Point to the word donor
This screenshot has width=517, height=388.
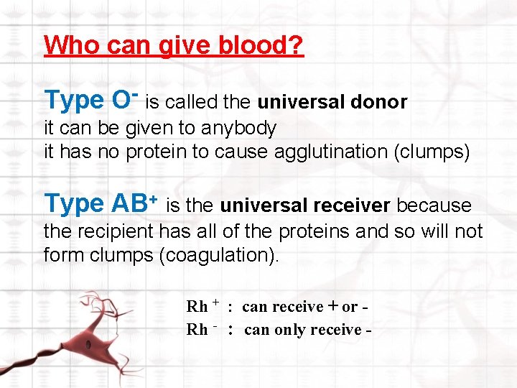click(x=379, y=103)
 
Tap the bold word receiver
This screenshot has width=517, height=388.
click(x=353, y=206)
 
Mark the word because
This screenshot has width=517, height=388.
click(x=434, y=206)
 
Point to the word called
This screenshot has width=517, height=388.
click(x=190, y=103)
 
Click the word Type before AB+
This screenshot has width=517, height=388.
click(x=74, y=204)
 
